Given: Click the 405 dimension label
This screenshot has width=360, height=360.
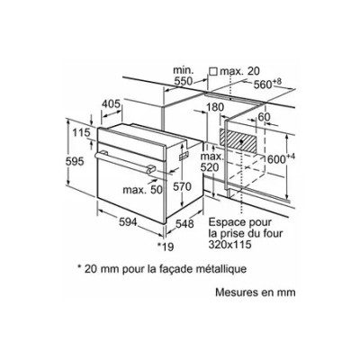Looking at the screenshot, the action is click(111, 103).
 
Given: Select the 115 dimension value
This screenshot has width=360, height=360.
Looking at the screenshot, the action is click(81, 132).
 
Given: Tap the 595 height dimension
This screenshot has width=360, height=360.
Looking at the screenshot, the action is click(75, 162).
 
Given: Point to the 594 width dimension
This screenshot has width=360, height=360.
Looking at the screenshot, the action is click(128, 222).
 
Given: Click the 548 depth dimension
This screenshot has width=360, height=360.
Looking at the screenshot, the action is click(184, 224).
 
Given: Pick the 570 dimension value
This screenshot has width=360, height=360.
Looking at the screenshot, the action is click(182, 187).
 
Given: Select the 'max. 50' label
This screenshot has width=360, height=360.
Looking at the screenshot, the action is click(142, 190).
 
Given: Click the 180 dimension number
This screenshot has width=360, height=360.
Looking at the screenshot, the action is click(215, 107).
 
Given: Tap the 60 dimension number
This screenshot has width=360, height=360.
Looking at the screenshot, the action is click(264, 117).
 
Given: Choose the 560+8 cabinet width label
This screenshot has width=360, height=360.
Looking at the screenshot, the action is click(267, 85).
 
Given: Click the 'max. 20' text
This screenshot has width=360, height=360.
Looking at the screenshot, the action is click(239, 71).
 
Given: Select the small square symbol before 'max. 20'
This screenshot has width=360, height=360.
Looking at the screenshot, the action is click(213, 71).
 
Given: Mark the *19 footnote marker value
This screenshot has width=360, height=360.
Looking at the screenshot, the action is click(166, 247).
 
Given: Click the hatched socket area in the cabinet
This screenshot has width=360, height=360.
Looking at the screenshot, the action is click(238, 140).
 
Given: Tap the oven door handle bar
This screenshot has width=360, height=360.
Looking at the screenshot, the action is click(124, 162).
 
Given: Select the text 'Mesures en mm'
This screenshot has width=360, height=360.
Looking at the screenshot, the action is click(256, 292).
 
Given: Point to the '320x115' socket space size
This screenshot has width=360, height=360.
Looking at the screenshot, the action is click(229, 244).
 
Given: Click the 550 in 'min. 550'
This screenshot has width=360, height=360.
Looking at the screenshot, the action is click(184, 81).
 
